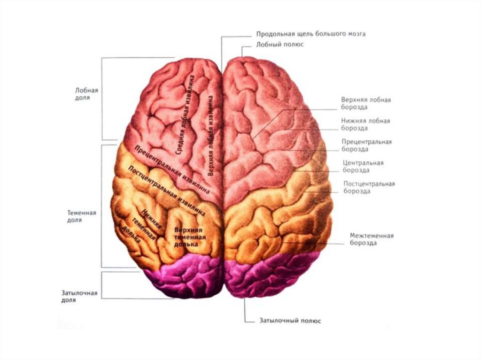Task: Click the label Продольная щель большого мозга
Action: click(x=310, y=34)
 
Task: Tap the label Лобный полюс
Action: click(x=280, y=45)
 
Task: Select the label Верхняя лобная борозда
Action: click(x=366, y=103)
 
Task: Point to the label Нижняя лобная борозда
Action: click(x=365, y=124)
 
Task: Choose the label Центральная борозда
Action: click(x=363, y=167)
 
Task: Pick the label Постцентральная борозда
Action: click(x=369, y=187)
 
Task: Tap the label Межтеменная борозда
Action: click(x=371, y=239)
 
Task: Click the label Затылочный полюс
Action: click(x=290, y=321)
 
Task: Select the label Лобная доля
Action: click(x=83, y=94)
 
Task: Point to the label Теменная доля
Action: click(x=82, y=216)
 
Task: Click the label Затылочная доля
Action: click(x=79, y=297)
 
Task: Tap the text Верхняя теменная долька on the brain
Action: click(x=188, y=237)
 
